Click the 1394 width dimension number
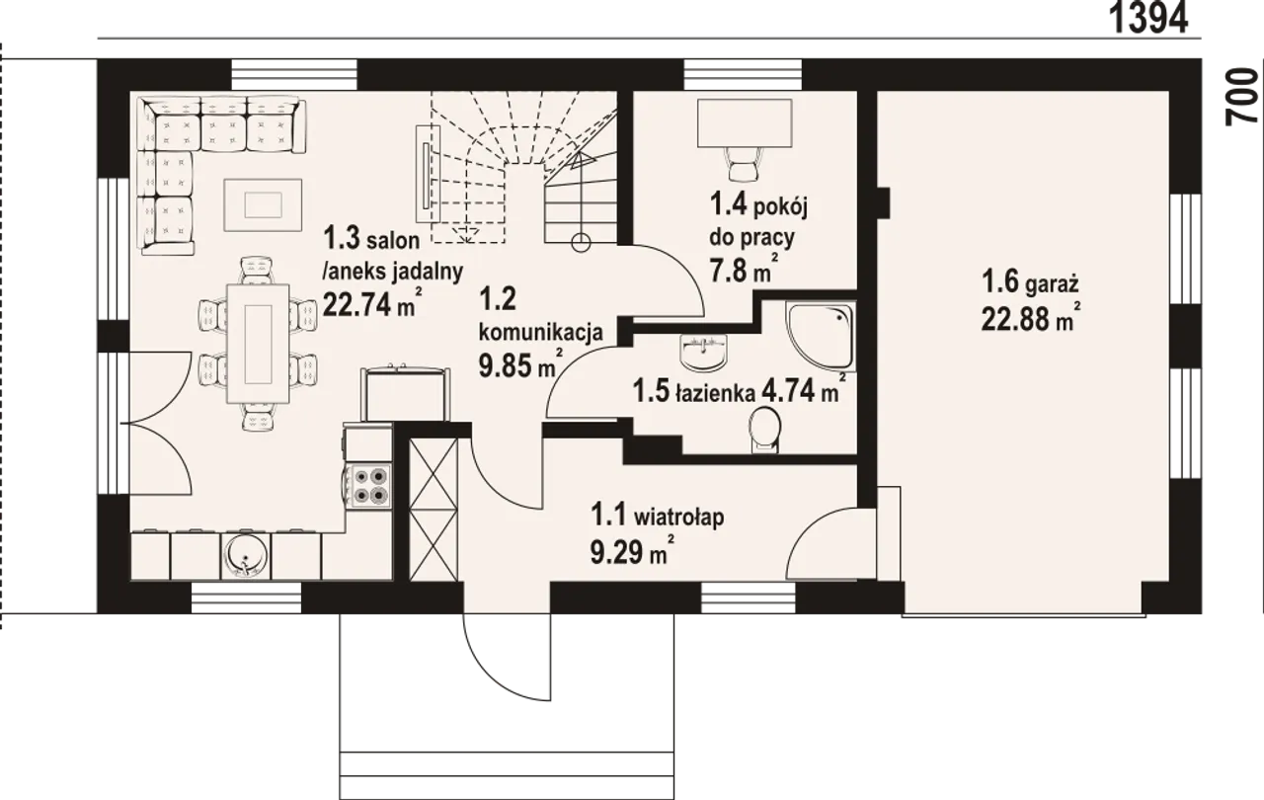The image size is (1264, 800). [x=1148, y=19]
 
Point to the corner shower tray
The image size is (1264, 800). [x=821, y=335]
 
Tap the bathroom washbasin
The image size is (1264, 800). [x=704, y=351]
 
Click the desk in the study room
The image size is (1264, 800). [x=745, y=122]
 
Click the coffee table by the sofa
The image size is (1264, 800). [x=263, y=204]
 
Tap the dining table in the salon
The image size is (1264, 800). [x=258, y=343]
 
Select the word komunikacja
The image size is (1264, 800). [x=540, y=332]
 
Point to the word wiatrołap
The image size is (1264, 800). [x=679, y=517]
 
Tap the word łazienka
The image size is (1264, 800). [x=716, y=391]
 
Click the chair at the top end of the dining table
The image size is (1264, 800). [x=258, y=271]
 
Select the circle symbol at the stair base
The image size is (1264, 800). [x=582, y=243]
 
